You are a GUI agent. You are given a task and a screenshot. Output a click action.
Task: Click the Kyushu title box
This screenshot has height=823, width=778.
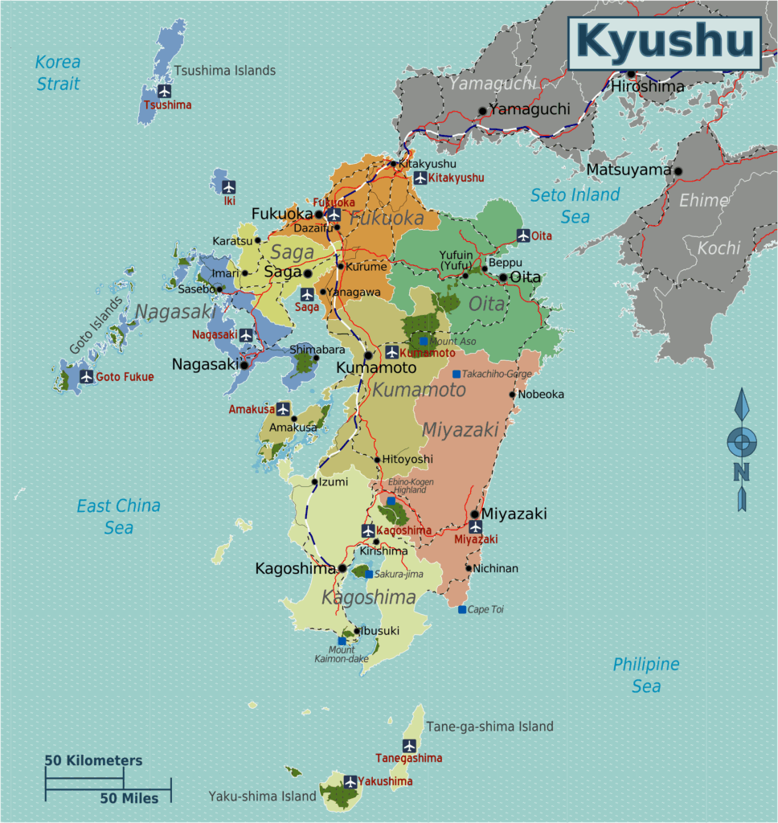pos(664,42)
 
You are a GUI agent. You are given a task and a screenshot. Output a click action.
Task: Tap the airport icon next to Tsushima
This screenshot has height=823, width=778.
pos(165,91)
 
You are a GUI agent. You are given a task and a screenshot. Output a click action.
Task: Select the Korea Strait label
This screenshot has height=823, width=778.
pos(58,72)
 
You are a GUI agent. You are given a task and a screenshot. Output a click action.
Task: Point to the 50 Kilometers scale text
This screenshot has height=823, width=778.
pos(93,760)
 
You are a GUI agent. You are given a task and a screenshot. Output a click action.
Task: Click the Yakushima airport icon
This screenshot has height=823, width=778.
pos(350,781)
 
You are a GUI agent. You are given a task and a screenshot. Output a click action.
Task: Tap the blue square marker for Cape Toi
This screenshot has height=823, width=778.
pos(462,610)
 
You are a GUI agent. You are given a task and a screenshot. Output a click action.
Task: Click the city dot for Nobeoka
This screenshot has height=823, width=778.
pos(513,394)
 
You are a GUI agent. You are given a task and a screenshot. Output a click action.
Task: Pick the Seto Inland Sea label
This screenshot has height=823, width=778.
pos(575,205)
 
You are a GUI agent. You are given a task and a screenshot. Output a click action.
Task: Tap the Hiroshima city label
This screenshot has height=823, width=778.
pos(647,86)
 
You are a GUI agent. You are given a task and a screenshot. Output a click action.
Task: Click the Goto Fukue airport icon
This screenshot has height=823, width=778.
pos(86,376)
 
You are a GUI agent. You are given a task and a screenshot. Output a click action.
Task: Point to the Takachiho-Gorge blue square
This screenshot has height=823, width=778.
pos(457,375)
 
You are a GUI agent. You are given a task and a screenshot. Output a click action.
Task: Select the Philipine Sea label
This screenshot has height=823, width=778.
pos(645,675)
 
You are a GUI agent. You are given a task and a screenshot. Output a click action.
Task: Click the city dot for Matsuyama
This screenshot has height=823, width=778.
pos(678,170)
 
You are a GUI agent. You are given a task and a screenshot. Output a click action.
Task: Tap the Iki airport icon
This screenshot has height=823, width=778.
pos(229,186)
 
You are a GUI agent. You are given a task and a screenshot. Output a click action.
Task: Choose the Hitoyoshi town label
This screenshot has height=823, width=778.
pos(407,459)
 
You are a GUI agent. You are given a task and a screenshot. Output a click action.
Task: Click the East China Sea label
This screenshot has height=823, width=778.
pos(118,516)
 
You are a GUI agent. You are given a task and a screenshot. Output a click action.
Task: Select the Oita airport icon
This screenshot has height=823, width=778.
pos(523,235)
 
